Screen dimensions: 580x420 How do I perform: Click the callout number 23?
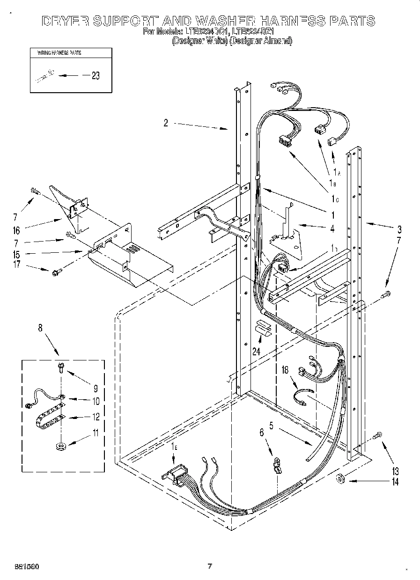pos(96,76)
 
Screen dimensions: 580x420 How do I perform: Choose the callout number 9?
pos(96,388)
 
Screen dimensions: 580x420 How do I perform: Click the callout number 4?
pos(332,229)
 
